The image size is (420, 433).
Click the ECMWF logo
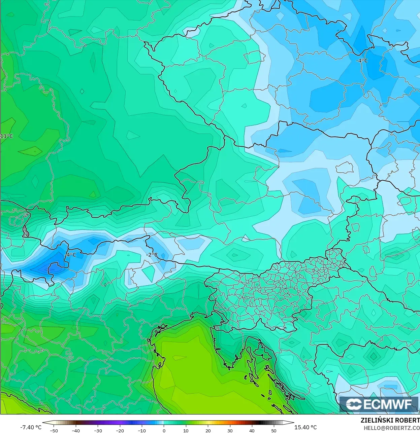[379, 404]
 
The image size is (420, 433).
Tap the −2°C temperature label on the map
[152, 255]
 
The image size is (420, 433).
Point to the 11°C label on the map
[6, 136]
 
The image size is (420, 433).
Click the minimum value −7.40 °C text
[31, 427]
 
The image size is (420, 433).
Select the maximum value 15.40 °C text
[305, 427]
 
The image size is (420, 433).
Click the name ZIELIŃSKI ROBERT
[390, 421]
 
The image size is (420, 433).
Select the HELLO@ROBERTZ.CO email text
[391, 428]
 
